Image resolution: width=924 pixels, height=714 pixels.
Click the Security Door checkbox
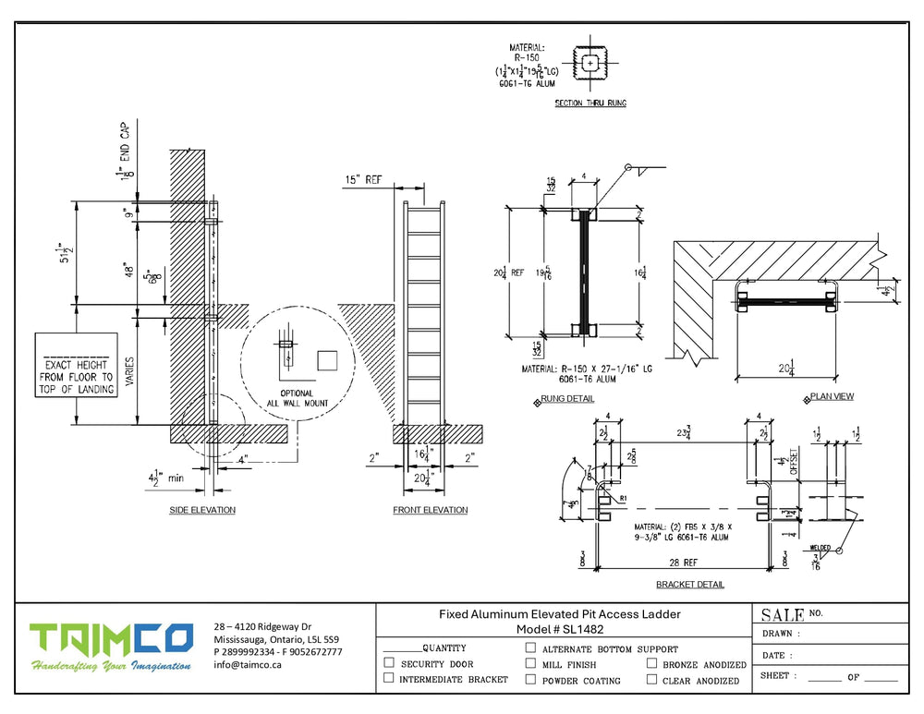[x=389, y=663]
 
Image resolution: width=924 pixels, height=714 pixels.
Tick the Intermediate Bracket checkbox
[x=389, y=679]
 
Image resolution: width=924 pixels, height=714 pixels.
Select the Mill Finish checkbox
[x=530, y=663]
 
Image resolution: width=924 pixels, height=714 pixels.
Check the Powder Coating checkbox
[x=530, y=679]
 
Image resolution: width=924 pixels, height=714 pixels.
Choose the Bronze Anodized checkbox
[x=652, y=663]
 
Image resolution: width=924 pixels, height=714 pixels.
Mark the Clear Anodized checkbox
[x=652, y=679]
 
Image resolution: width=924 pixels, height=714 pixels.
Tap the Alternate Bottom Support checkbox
[x=530, y=648]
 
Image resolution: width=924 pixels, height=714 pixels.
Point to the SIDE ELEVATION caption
[x=202, y=511]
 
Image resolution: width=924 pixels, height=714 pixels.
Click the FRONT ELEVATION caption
[x=430, y=511]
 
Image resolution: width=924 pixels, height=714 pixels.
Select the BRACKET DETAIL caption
[x=690, y=585]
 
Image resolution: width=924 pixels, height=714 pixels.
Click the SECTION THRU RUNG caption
[x=590, y=103]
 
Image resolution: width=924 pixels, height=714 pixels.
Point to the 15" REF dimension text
[x=362, y=179]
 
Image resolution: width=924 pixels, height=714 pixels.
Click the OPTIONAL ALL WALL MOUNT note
[x=290, y=398]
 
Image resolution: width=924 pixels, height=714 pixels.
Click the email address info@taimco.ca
[x=248, y=664]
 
